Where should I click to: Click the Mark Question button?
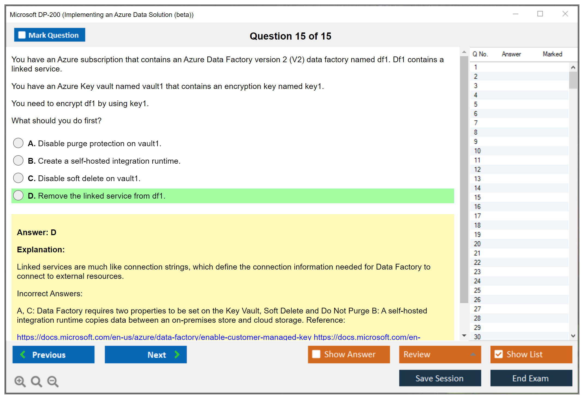50,35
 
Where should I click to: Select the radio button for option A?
18,143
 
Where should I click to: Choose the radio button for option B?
18,160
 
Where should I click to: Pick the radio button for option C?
18,178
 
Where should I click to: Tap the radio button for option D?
18,195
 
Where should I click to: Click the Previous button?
53,354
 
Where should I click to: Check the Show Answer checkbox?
316,354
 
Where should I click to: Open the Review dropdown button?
440,354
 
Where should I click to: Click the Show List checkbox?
499,354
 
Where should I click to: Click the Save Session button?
440,378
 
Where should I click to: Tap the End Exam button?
531,378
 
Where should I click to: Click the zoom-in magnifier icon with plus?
20,381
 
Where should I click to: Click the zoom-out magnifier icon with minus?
53,381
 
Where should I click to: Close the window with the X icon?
565,14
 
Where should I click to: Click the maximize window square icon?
540,14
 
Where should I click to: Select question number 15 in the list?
477,197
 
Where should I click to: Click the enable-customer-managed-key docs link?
164,337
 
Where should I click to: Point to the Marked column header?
552,54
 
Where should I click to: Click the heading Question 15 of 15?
291,36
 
